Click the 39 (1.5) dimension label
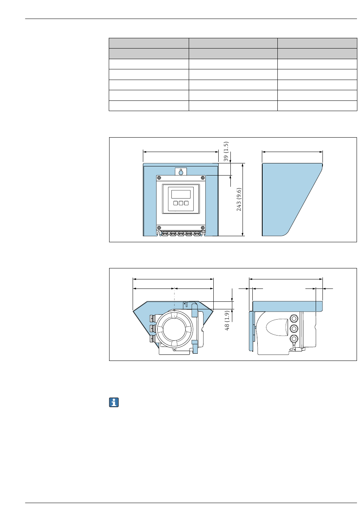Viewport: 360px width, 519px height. tap(226, 151)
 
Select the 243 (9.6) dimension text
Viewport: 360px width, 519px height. tap(239, 199)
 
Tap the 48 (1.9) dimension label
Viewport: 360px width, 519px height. tap(227, 320)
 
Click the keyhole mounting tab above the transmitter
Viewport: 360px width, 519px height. tap(181, 171)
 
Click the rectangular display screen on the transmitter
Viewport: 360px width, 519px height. tap(181, 194)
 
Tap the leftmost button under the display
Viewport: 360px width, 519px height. tap(175, 203)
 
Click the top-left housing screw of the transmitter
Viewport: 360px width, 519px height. tap(159, 178)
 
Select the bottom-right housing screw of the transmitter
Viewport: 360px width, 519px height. tap(203, 227)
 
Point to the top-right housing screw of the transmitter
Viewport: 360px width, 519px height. tap(203, 178)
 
